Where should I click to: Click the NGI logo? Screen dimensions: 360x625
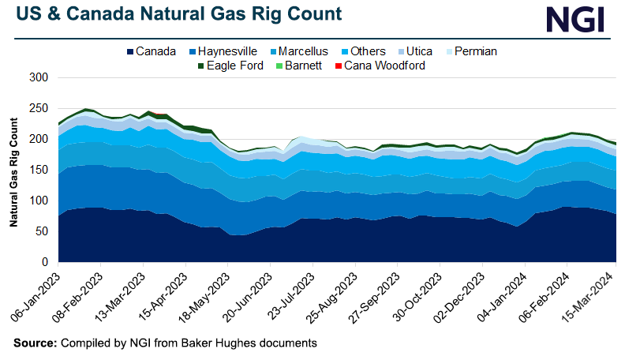pos(578,20)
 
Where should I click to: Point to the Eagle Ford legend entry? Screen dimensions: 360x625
pos(227,66)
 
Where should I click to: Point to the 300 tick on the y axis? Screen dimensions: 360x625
pos(39,78)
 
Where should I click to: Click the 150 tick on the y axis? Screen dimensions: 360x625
pos(39,170)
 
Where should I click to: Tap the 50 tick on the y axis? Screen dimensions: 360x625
pos(43,231)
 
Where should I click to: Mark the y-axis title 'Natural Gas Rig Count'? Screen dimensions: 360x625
pos(13,171)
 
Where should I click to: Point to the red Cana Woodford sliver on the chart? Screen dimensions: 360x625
pos(160,114)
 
